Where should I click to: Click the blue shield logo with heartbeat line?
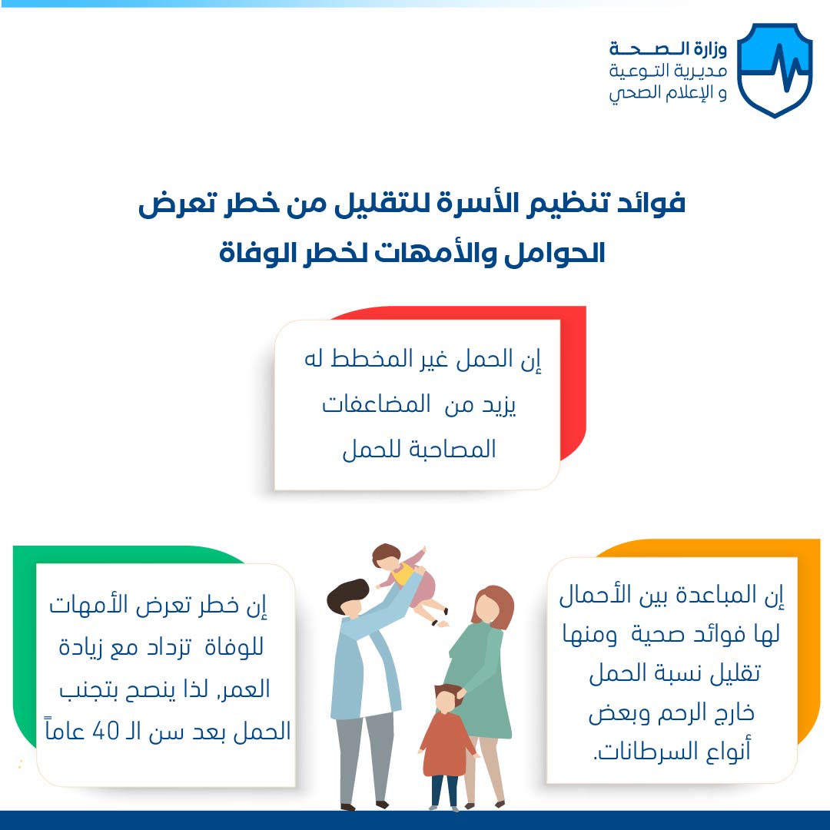point(775,69)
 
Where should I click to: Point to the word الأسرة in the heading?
point(473,204)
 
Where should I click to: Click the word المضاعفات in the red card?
point(377,405)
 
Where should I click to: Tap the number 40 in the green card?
point(105,731)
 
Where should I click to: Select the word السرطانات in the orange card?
point(643,751)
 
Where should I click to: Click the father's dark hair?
point(347,596)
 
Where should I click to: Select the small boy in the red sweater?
point(447,746)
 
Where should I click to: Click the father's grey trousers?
point(364,758)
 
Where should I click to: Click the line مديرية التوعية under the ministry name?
point(668,71)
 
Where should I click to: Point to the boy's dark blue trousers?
point(445,791)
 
